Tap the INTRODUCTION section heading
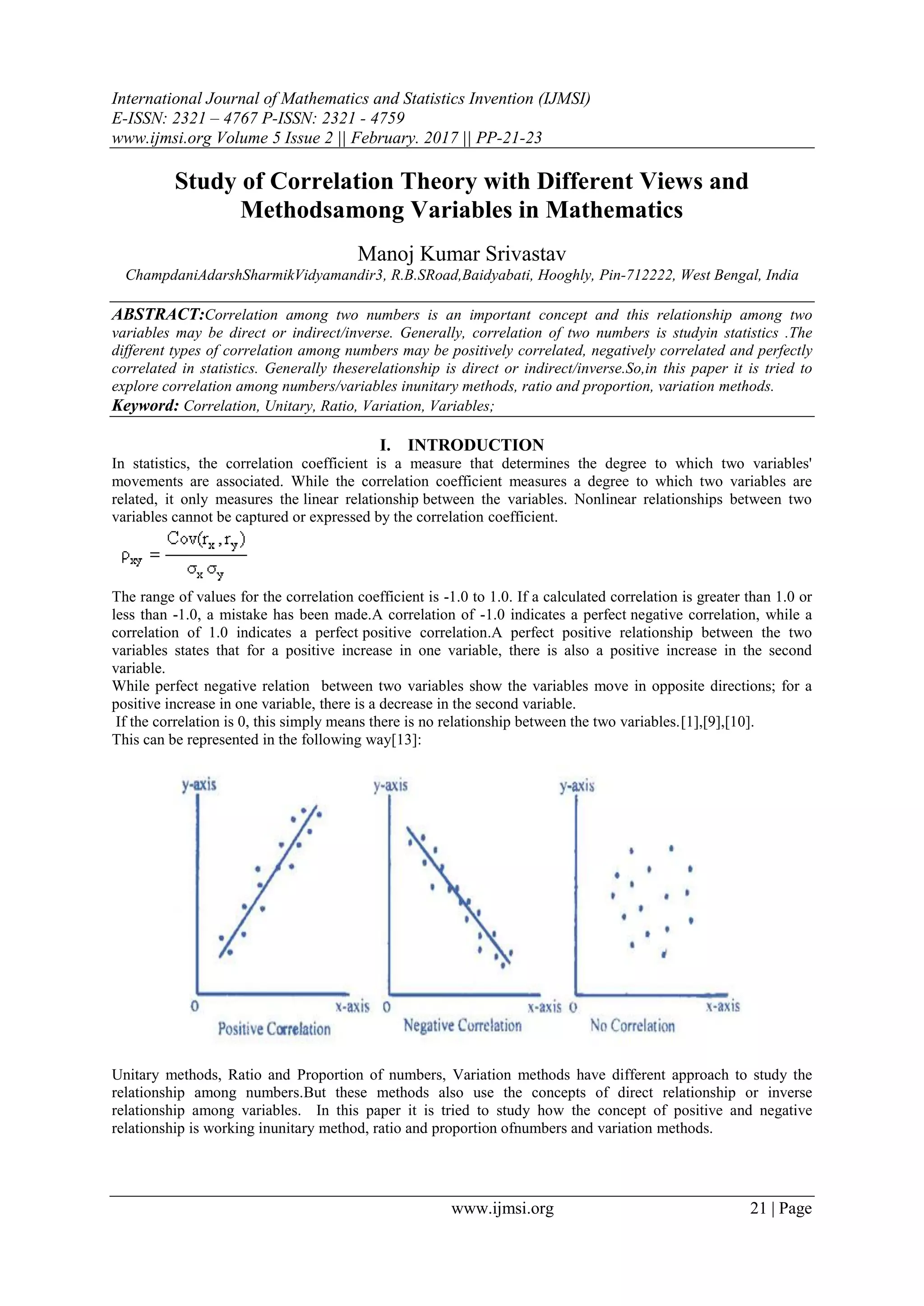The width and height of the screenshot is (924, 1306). coord(475,445)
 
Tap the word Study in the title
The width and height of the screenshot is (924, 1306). coord(204,181)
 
